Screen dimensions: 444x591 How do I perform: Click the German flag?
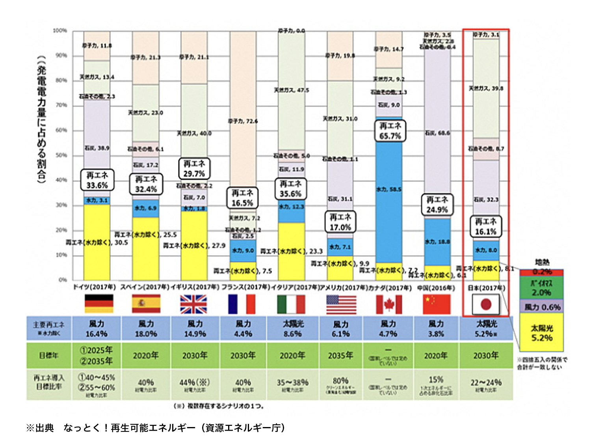[x=99, y=304]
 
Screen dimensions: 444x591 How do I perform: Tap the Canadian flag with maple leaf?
[x=388, y=304]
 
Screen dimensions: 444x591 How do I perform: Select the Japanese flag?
[x=486, y=304]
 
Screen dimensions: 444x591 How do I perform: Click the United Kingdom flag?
[x=193, y=304]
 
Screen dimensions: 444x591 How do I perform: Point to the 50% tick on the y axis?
[x=61, y=155]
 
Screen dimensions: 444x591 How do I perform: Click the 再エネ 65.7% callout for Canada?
[x=390, y=131]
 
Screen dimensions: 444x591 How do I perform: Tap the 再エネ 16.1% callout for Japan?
[x=485, y=227]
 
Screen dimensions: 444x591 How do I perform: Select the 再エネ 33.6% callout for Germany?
[x=97, y=180]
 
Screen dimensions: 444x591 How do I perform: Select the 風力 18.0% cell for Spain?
[x=146, y=328]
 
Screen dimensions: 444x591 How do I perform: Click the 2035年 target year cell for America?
[x=340, y=355]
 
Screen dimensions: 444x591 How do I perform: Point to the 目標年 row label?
[x=49, y=355]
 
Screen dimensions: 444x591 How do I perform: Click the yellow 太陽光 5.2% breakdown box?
[x=542, y=333]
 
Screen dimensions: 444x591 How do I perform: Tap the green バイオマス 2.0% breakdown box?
[x=542, y=288]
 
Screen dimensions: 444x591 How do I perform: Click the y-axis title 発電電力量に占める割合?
[x=42, y=118]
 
